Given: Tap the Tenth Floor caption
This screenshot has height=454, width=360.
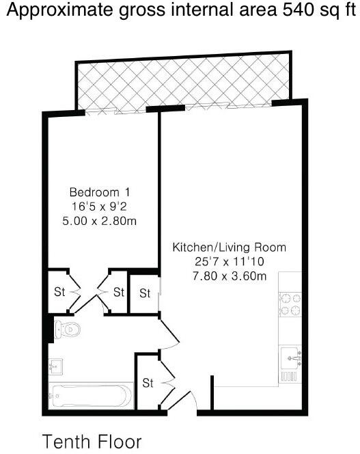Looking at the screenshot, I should (x=92, y=441).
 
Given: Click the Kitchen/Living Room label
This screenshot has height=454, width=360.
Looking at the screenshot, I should (x=229, y=248).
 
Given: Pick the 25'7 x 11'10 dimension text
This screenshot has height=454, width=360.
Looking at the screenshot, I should (x=229, y=262).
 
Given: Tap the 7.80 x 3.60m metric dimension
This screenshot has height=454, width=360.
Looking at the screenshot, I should (x=229, y=276).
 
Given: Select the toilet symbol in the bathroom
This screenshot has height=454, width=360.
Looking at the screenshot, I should (x=68, y=330).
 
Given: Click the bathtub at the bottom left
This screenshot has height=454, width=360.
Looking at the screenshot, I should (x=89, y=395).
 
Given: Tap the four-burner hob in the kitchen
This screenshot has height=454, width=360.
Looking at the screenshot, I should (x=290, y=304).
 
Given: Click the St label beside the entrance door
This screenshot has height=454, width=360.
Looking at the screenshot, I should (x=148, y=383).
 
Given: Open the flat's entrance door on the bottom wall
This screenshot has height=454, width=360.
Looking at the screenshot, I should (x=182, y=403).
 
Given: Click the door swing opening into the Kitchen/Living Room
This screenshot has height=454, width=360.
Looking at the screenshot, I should (x=168, y=334).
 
